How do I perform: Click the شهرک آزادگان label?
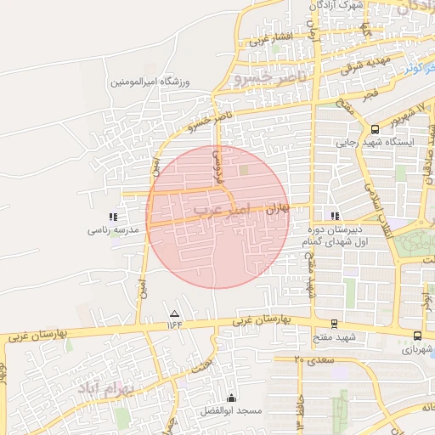point(337,6)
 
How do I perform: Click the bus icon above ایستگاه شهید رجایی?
point(375,129)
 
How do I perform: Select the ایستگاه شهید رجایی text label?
point(375,144)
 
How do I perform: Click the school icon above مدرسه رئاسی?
point(114,217)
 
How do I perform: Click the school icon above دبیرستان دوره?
point(334,216)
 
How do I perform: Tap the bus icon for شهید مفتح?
point(333,323)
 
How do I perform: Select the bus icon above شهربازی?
point(415,336)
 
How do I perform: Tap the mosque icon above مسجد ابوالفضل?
point(232,398)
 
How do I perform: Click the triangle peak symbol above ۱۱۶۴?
point(175,313)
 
